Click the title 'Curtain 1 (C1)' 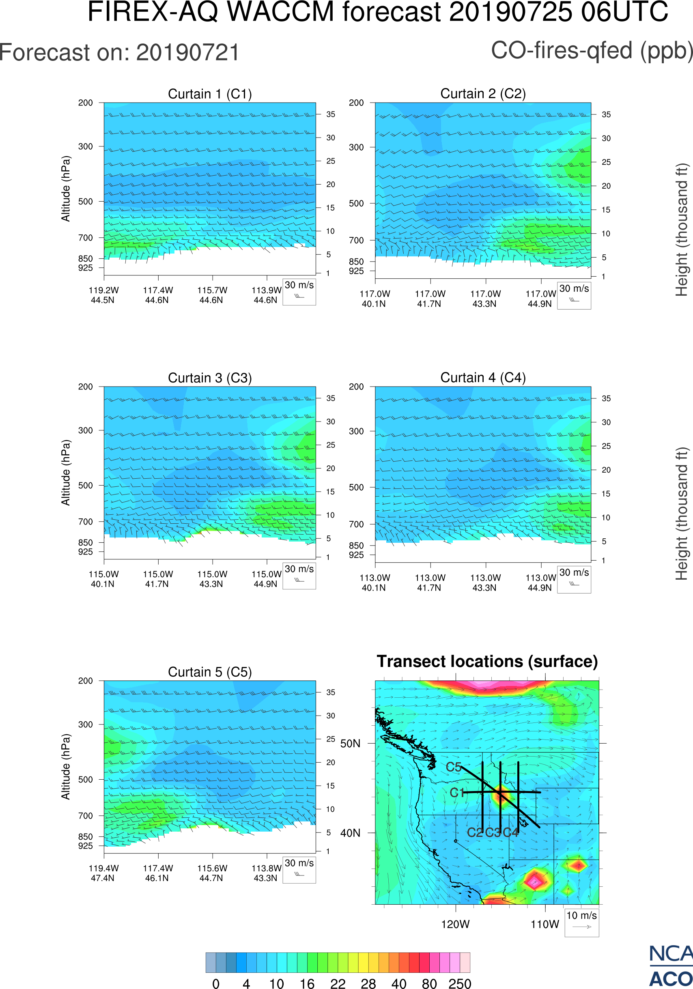(210, 94)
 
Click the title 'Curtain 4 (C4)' (483, 378)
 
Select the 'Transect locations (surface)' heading (487, 662)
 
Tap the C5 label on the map (454, 767)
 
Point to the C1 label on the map (457, 793)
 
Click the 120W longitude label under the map (455, 924)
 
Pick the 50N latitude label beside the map (350, 744)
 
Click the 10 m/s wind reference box (581, 922)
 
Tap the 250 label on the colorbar (460, 983)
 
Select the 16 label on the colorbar (307, 983)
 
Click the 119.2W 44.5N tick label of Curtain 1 (103, 295)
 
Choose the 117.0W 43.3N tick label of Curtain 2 (485, 299)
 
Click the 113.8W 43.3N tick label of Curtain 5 (266, 873)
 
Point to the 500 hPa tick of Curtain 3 (85, 486)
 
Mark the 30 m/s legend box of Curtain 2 (574, 295)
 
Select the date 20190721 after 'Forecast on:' (187, 53)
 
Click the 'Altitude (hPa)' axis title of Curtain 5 (65, 767)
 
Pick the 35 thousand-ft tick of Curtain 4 (606, 398)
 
